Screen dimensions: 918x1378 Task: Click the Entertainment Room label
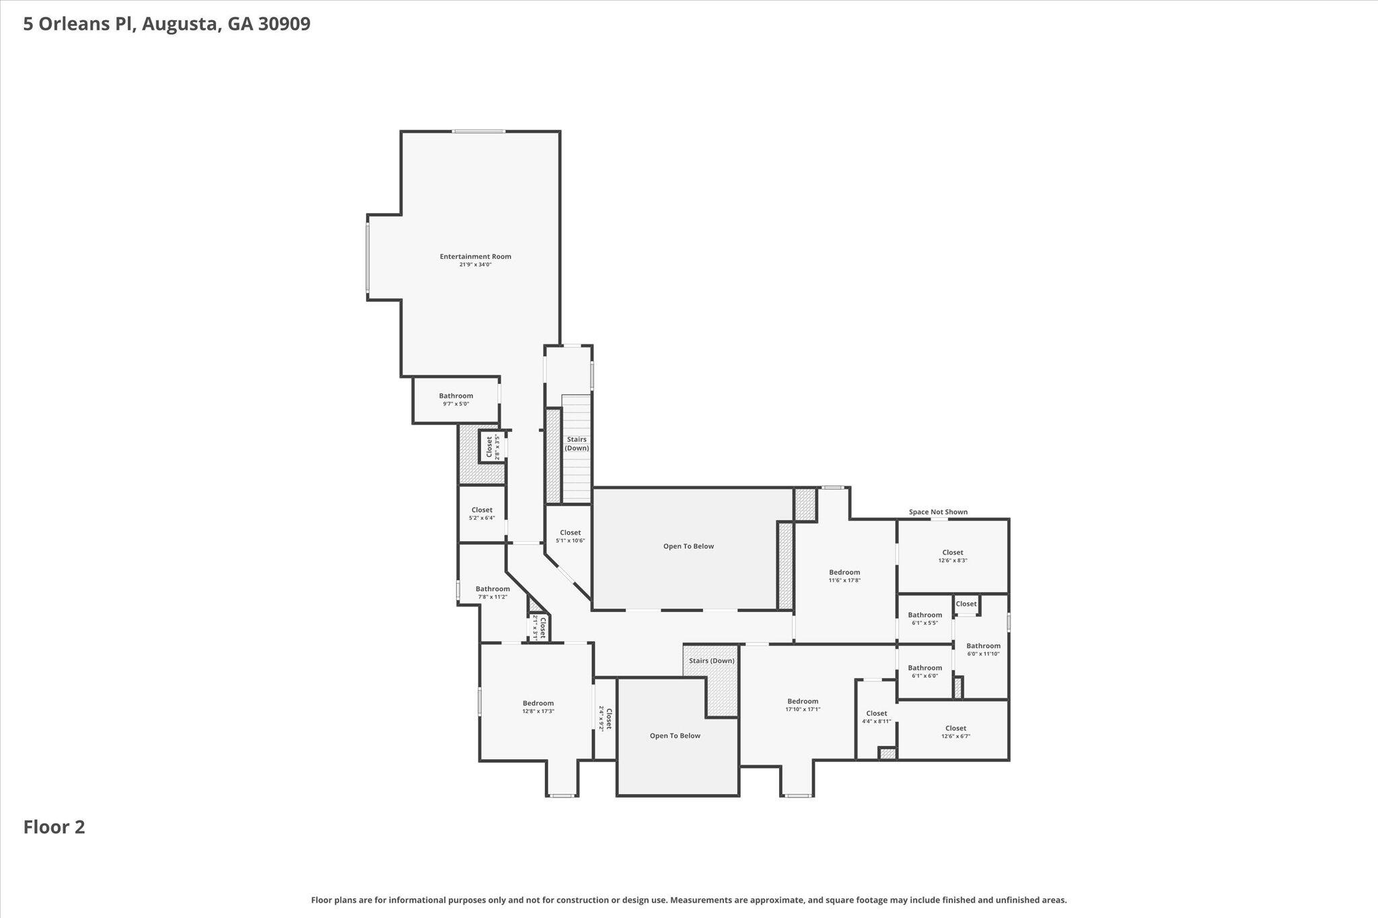pos(475,256)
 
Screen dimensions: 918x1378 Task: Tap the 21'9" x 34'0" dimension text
pos(475,265)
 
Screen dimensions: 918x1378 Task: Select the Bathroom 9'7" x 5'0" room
pos(456,399)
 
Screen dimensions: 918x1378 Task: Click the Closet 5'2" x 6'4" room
pos(482,514)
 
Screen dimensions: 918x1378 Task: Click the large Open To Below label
pos(688,546)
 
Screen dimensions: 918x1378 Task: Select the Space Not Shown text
pos(938,512)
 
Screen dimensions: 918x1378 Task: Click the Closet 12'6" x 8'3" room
pos(953,556)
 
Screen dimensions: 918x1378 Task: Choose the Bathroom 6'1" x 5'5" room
pos(924,618)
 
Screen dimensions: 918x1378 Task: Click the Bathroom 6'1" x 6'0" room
pos(924,671)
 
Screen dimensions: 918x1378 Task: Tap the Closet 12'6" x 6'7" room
pos(955,732)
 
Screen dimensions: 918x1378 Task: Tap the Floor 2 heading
pos(54,827)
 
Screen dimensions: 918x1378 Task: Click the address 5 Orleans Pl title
pos(166,24)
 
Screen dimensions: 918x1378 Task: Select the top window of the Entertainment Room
pos(478,131)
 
